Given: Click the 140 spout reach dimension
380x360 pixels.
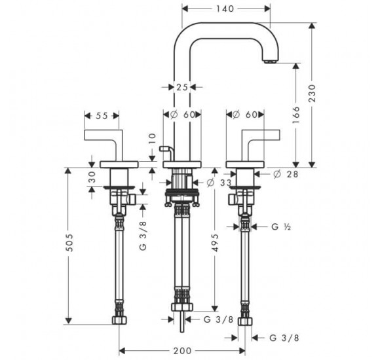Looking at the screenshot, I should pos(225,9).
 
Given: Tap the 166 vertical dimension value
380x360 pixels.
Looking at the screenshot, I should pos(295,116).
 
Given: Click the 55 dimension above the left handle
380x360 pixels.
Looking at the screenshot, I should pos(102,115).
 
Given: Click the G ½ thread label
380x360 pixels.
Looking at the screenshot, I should pos(280,227).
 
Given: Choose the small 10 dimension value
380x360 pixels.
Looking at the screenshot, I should pos(152,139).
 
